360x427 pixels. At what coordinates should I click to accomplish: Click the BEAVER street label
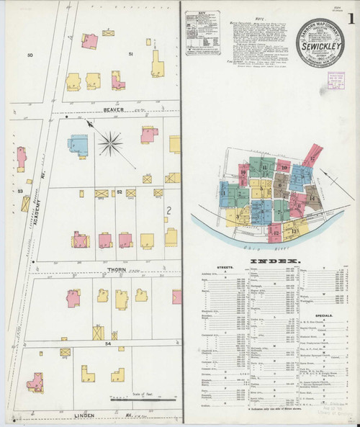pos(114,110)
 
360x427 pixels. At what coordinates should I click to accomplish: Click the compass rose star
pos(110,143)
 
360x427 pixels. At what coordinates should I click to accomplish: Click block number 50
pos(30,55)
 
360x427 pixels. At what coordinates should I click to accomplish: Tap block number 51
pos(130,55)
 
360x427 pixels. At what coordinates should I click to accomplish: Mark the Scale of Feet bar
pos(143,398)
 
